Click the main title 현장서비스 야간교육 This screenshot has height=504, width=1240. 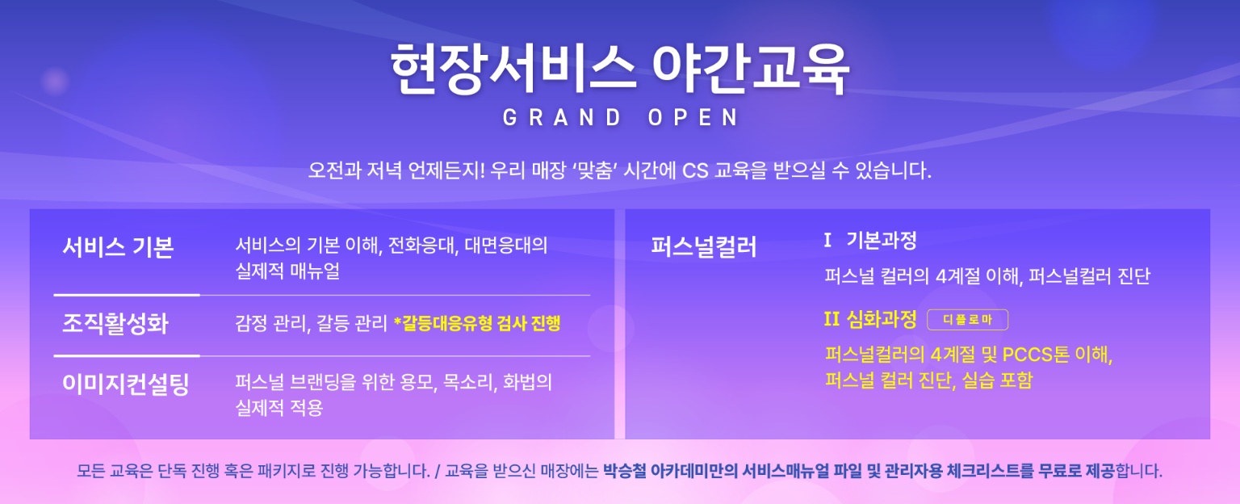(x=620, y=69)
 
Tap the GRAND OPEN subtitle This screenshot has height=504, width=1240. (x=621, y=117)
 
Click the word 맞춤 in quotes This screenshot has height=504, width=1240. (x=594, y=170)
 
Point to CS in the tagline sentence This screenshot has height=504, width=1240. (x=695, y=170)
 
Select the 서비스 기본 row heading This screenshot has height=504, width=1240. (x=118, y=247)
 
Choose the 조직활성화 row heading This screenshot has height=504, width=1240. (x=115, y=323)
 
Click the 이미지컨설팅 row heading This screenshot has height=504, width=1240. (x=126, y=384)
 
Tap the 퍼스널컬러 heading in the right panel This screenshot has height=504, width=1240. (x=704, y=246)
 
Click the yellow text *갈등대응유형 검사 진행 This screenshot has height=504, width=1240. (x=477, y=323)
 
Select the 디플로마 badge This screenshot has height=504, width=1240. (x=968, y=320)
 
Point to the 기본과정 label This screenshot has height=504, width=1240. (x=882, y=241)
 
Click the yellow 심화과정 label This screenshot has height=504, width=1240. (x=882, y=319)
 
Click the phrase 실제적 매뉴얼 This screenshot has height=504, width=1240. (x=287, y=271)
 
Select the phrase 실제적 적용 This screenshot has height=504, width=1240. (x=279, y=408)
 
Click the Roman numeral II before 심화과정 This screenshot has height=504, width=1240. (x=832, y=319)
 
